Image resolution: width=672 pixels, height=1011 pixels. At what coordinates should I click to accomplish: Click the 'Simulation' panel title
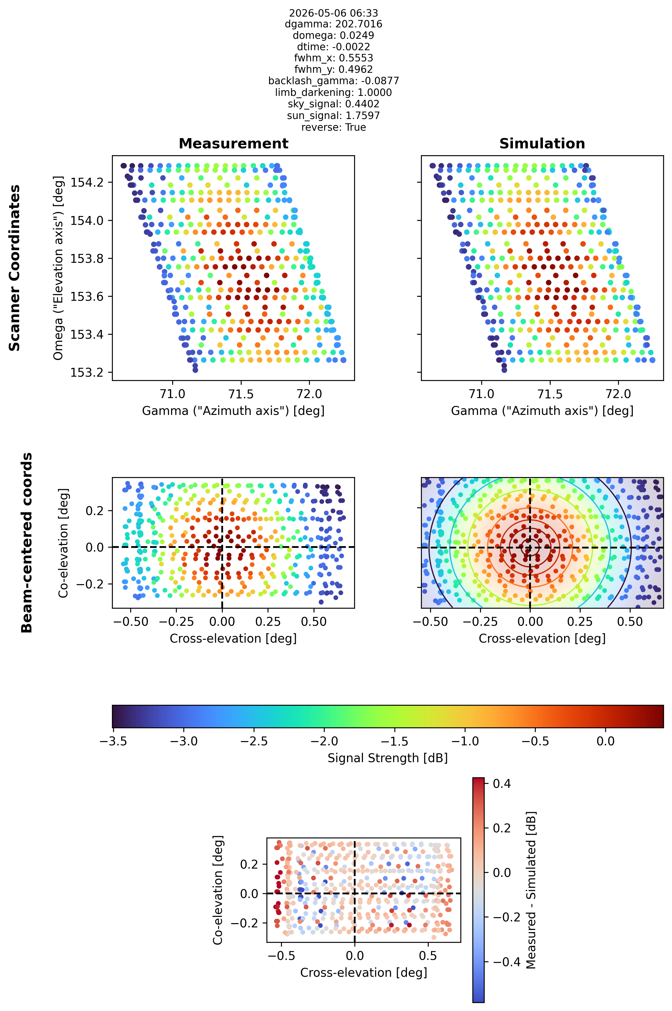542,144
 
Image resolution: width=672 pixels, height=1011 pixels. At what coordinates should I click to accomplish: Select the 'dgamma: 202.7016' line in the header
333,24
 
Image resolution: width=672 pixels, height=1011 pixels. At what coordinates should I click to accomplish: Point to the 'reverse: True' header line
333,127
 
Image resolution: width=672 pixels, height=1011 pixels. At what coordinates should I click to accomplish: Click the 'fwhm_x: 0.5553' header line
333,58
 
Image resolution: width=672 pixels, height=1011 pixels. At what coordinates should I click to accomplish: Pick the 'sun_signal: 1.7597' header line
333,116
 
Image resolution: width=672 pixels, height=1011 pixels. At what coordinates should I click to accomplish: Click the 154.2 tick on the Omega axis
86,182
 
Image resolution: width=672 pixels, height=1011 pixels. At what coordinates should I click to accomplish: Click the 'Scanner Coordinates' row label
15,268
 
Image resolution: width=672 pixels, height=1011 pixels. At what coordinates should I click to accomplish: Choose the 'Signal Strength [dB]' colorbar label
388,758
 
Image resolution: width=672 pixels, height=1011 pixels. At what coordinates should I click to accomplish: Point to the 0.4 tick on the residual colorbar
502,784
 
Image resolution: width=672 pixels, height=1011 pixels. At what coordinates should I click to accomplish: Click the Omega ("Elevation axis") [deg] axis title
58,268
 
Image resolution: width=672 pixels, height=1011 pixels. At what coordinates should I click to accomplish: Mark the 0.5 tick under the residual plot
428,956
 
